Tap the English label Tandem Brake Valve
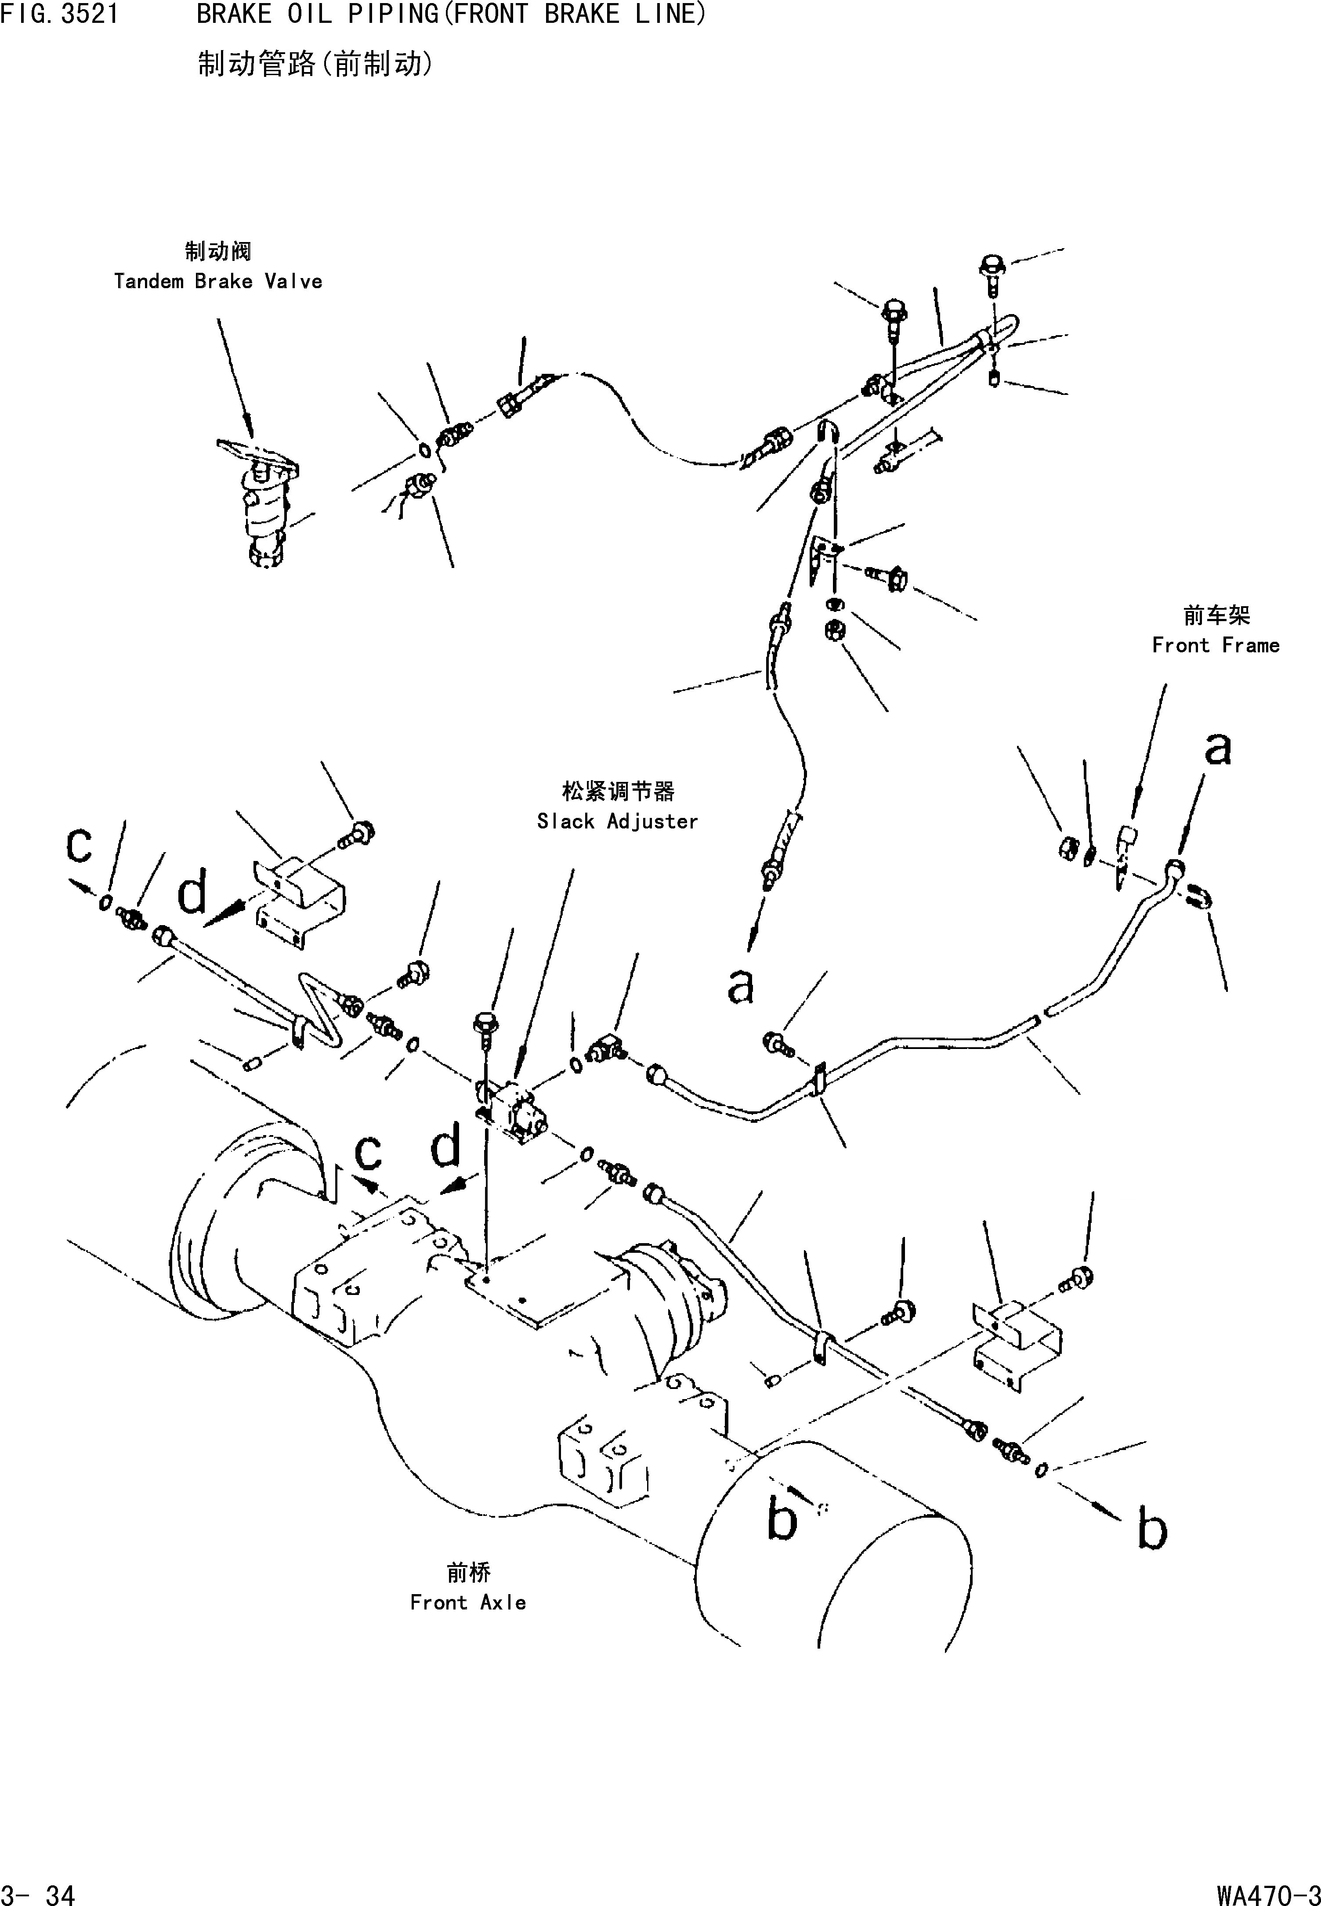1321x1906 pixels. [x=218, y=282]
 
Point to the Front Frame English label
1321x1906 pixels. [x=1215, y=646]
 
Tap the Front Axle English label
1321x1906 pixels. [x=468, y=1603]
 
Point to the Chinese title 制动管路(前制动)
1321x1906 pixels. [x=315, y=64]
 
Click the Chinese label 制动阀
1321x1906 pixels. [x=218, y=251]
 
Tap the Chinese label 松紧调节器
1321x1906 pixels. [x=618, y=792]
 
